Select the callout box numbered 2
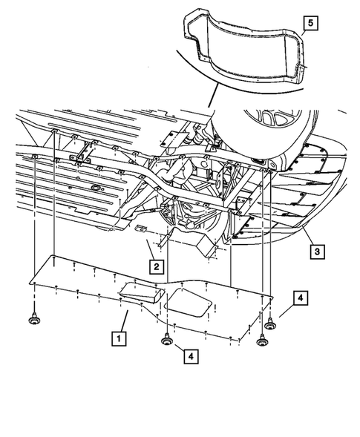(156, 264)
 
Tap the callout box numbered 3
(317, 252)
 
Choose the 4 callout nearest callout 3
(299, 298)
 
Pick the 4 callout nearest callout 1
(192, 356)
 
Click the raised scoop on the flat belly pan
(141, 292)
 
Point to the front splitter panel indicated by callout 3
(297, 215)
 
